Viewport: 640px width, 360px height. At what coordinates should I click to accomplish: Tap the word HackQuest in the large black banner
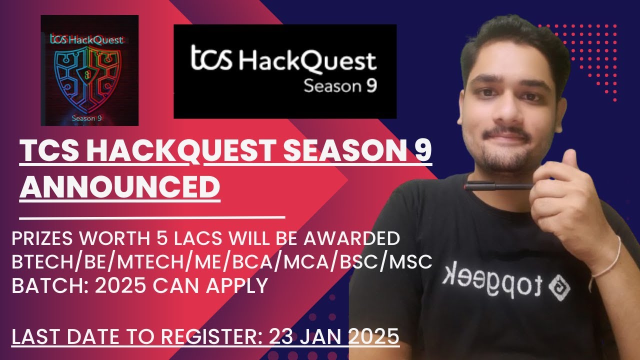307,61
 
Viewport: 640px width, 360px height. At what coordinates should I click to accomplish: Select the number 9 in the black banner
370,86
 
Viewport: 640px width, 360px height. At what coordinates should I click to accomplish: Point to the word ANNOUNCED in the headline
119,187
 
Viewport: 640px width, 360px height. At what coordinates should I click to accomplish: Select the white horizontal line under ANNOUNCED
152,217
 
